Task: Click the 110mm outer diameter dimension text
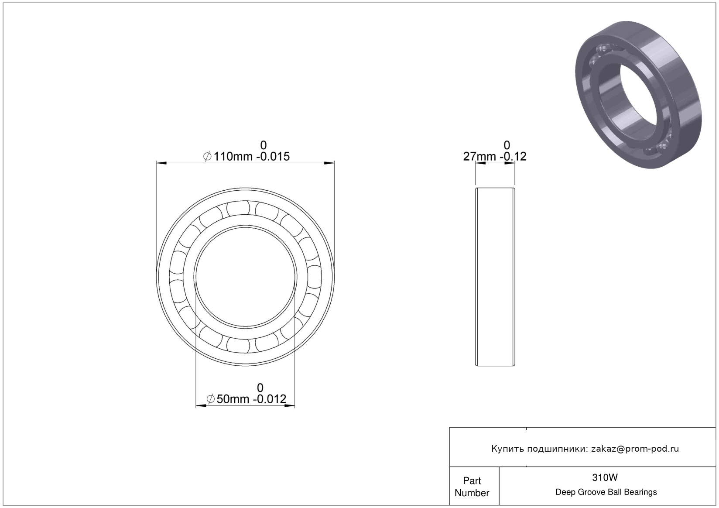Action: tap(233, 157)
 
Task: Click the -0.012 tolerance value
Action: tap(270, 399)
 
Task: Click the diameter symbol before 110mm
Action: tap(207, 157)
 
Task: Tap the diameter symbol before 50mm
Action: tap(211, 399)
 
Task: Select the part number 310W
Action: tap(605, 478)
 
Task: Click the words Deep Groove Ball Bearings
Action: tap(606, 492)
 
